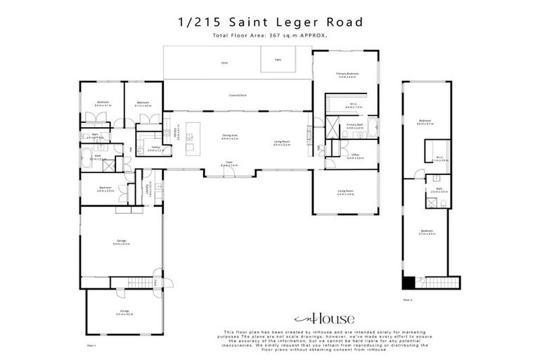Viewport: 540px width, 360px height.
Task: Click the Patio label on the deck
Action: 278,60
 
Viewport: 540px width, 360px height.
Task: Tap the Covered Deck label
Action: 237,94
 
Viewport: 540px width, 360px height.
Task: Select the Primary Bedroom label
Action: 347,75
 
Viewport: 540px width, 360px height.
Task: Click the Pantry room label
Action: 155,148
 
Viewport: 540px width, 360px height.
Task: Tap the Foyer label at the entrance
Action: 230,163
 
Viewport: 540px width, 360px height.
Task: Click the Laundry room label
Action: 148,188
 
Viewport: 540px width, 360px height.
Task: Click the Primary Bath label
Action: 354,127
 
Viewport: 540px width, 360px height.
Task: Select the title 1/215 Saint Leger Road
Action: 270,22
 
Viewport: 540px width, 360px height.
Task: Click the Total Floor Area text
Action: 270,34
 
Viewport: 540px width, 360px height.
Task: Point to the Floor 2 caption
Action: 407,300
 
